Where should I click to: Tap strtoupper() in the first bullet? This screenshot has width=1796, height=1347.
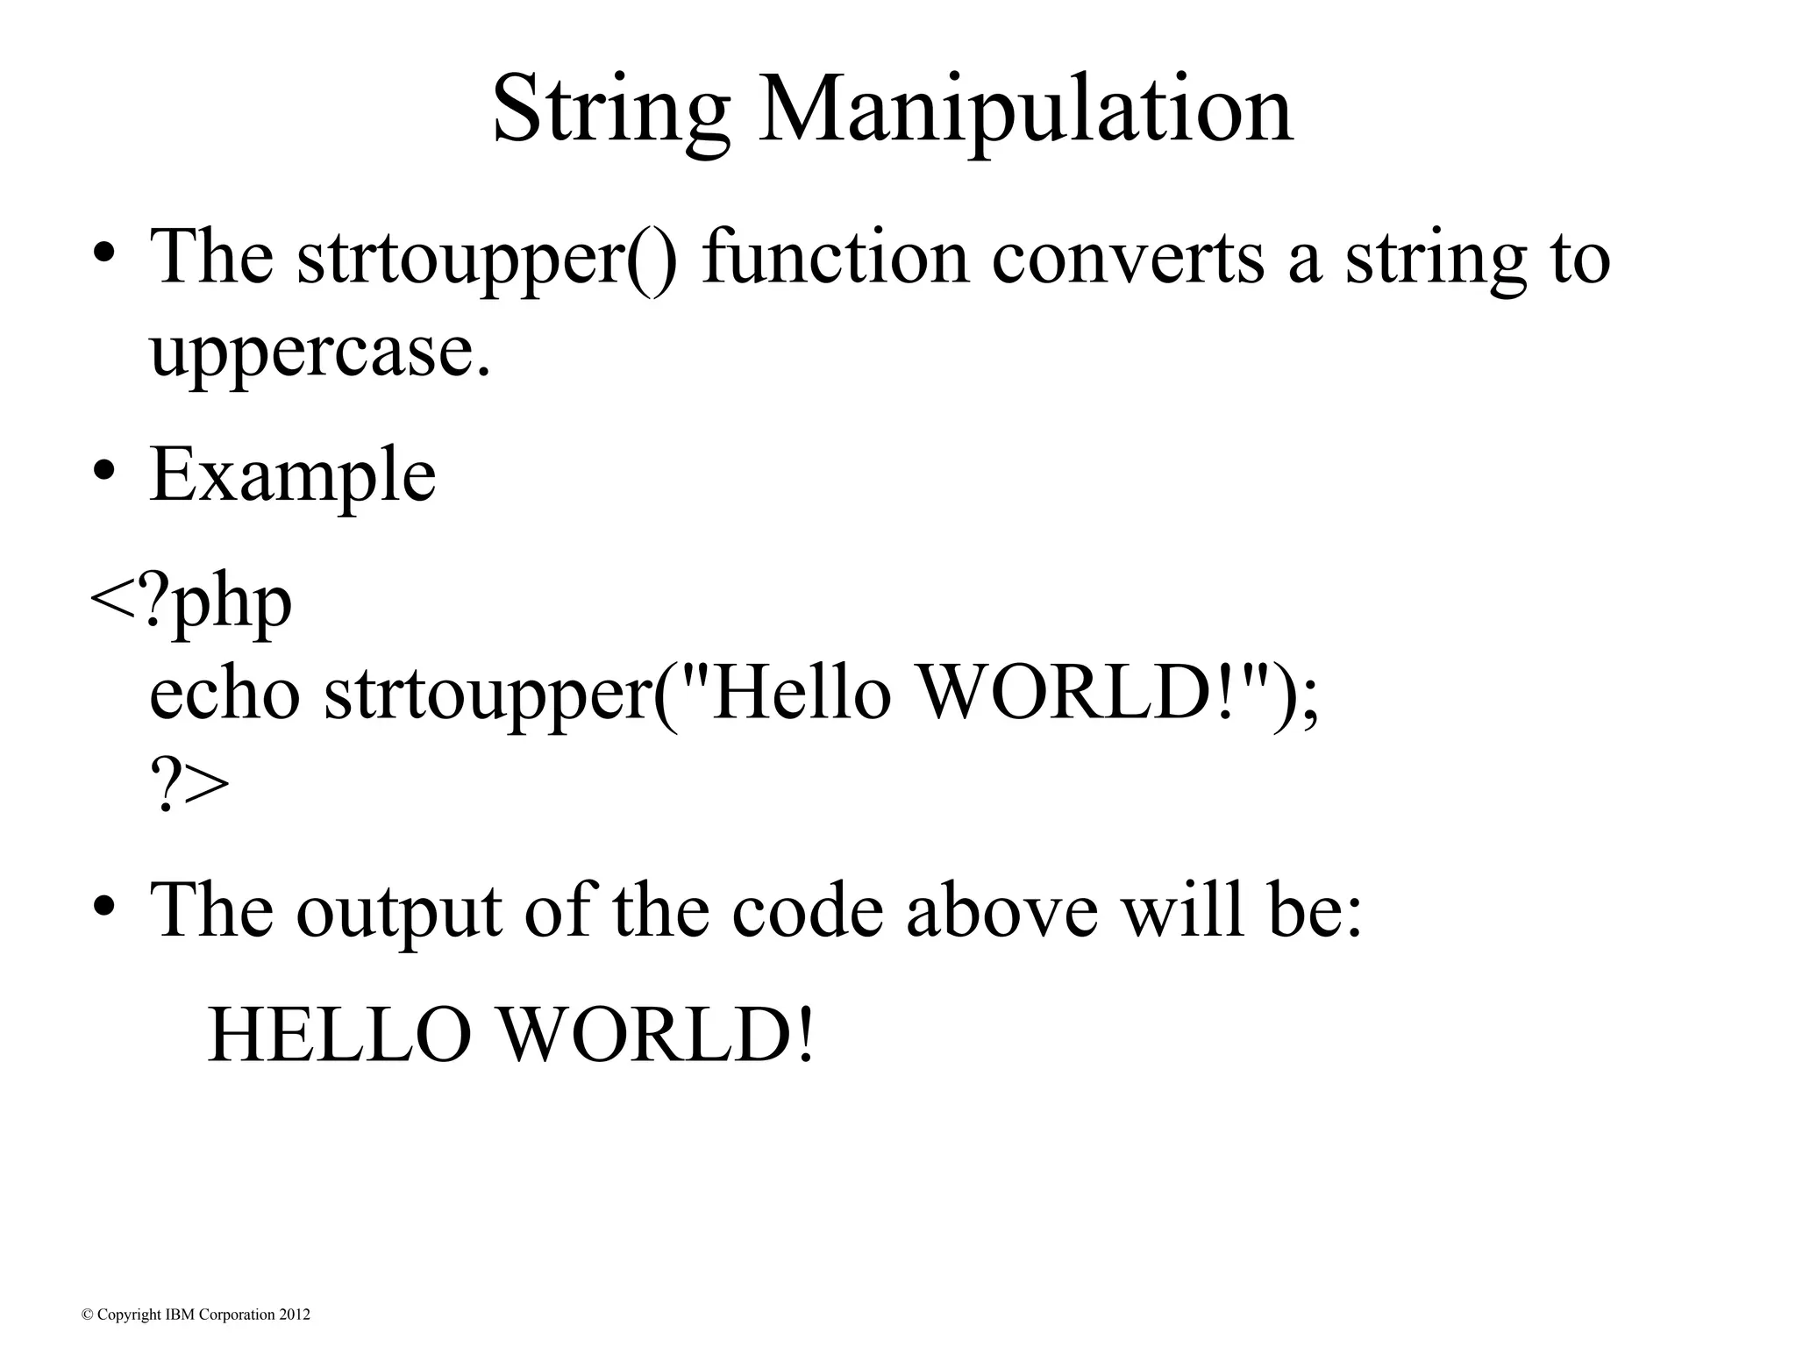487,259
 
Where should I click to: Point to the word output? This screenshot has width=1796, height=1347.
399,912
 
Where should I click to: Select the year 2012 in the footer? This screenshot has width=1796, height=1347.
295,1315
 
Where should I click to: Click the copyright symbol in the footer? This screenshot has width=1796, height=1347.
87,1315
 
